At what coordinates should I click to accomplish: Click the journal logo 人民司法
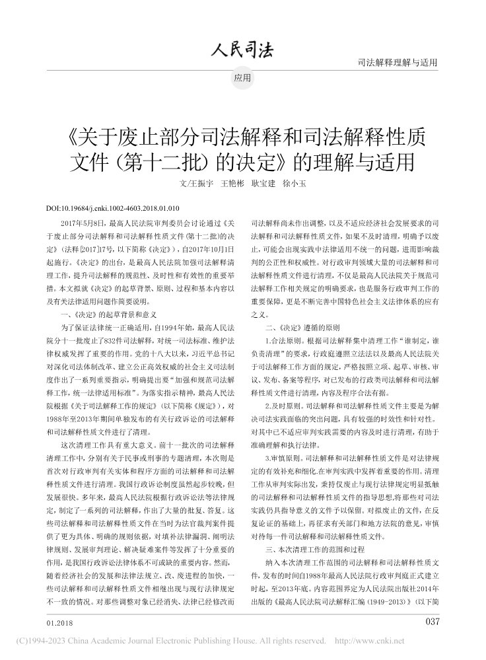click(x=242, y=49)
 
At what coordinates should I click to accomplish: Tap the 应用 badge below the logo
click(x=242, y=78)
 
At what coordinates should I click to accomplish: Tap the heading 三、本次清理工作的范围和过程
click(x=314, y=549)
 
